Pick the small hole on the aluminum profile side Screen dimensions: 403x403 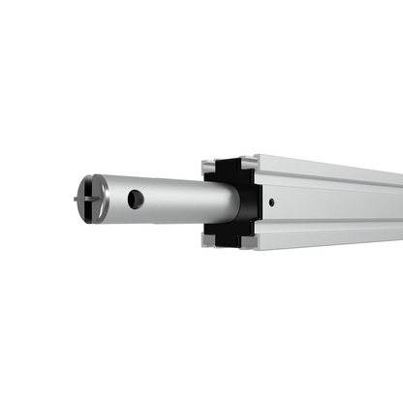click(272, 202)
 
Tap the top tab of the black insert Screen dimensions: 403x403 click(227, 167)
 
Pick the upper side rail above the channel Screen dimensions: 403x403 click(329, 186)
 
